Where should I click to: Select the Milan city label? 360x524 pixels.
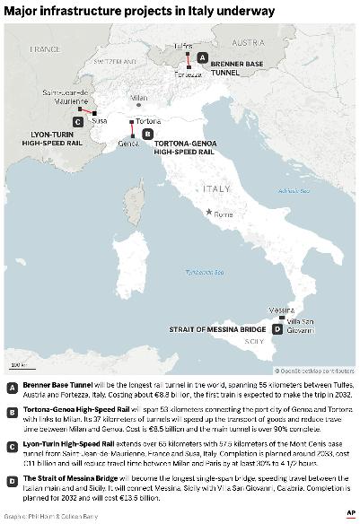click(138, 97)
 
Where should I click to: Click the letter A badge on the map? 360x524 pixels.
click(202, 57)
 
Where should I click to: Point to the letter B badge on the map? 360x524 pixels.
click(147, 133)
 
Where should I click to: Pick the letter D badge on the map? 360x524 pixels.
click(277, 329)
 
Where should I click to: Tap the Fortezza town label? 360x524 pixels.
click(189, 74)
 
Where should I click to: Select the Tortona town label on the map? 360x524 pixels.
click(148, 120)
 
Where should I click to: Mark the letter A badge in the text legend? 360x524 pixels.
click(12, 388)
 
